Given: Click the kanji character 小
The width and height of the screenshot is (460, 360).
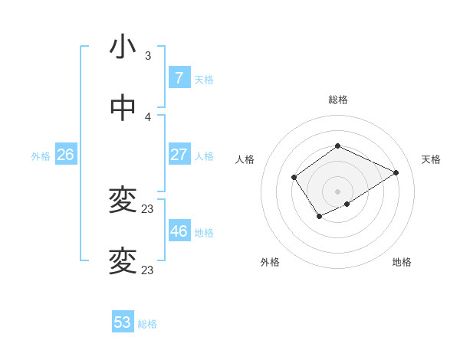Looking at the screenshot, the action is [123, 48].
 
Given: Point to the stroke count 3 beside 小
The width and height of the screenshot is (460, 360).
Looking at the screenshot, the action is [148, 56].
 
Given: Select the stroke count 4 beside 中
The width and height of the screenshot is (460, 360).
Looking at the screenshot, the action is [148, 116].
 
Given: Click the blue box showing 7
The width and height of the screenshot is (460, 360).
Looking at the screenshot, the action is [179, 77].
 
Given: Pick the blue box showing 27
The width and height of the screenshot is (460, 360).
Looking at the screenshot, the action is [179, 155].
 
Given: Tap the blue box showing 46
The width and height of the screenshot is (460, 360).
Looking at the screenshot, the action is [179, 231].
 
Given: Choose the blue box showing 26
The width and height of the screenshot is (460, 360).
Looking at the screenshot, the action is [65, 155].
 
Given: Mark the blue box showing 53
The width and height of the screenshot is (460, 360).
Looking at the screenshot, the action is [123, 322].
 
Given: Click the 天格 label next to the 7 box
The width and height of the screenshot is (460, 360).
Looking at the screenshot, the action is [204, 79].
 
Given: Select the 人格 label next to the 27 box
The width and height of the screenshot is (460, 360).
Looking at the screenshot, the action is [204, 156].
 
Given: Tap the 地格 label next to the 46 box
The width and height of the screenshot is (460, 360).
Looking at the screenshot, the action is [204, 233].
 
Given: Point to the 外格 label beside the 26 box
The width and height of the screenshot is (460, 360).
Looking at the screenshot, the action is [41, 156].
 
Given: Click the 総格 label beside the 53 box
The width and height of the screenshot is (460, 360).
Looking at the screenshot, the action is [147, 324].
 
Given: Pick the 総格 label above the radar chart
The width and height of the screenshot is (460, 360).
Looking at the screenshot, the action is [337, 100].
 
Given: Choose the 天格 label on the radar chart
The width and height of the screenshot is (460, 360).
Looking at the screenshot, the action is [432, 159].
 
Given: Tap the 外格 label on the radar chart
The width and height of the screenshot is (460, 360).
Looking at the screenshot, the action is [270, 262].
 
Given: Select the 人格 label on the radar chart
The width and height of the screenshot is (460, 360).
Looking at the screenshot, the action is [245, 159].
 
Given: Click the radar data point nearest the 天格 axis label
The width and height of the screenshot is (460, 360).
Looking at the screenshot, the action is [396, 172].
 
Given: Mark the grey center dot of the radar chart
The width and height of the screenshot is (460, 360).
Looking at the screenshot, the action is [337, 191].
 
